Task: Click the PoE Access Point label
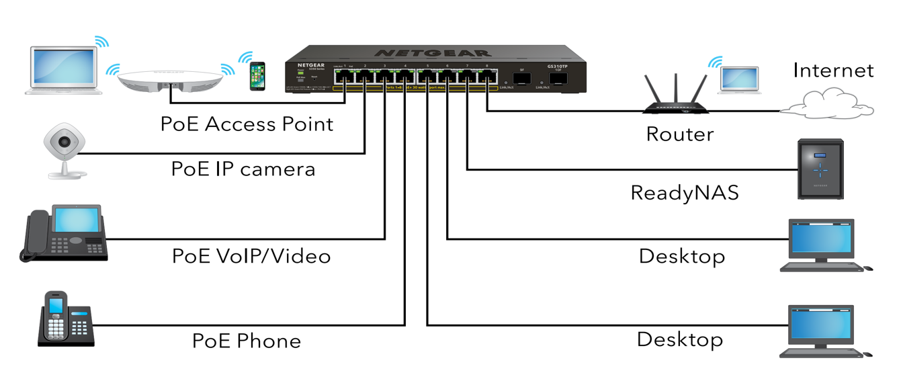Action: (247, 124)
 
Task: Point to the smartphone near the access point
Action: (257, 76)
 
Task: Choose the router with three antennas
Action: (677, 98)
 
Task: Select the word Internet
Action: (833, 70)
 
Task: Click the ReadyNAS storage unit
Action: (819, 169)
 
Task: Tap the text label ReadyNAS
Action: (684, 194)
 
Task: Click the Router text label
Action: (679, 134)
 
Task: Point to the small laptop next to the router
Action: (738, 79)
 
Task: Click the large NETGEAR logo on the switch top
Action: (432, 52)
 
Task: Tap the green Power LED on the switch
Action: (300, 73)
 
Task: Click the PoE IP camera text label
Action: (243, 169)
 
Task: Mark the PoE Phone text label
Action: (246, 341)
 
